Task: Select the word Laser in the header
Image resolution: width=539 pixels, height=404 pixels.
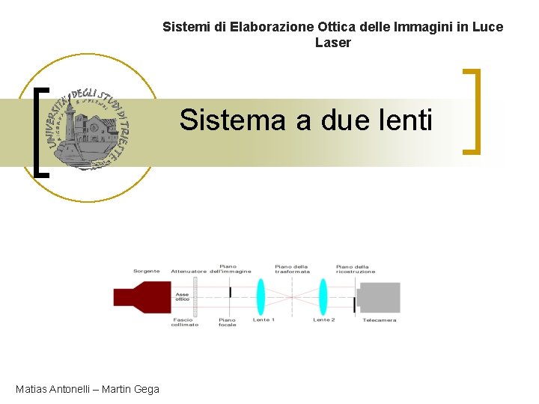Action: [332, 43]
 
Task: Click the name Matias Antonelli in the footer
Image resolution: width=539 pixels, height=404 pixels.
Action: [51, 388]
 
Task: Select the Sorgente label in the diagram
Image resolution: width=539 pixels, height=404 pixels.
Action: [147, 271]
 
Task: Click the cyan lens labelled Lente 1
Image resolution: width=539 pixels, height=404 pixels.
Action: [261, 296]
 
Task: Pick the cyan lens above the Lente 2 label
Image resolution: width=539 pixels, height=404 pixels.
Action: [323, 296]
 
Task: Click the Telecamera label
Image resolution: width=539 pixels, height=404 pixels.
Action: [380, 320]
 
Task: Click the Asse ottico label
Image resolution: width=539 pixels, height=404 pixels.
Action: [182, 296]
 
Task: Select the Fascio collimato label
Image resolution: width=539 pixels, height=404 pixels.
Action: [185, 322]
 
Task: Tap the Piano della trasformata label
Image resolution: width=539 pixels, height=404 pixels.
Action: [292, 269]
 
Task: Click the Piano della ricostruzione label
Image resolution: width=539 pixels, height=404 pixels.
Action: [354, 269]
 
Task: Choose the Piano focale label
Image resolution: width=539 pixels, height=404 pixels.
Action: [227, 322]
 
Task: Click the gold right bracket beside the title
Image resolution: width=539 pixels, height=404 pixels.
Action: [472, 111]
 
